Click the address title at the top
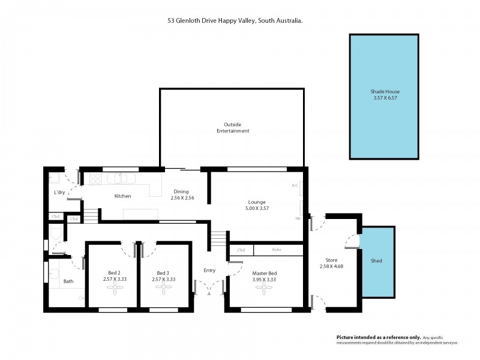pyautogui.click(x=235, y=20)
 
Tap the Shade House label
pyautogui.click(x=384, y=92)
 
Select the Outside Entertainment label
pyautogui.click(x=232, y=127)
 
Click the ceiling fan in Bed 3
pyautogui.click(x=163, y=288)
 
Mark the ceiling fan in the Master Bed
pyautogui.click(x=264, y=288)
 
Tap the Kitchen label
pyautogui.click(x=122, y=196)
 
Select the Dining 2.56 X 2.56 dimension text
pyautogui.click(x=182, y=198)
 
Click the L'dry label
pyautogui.click(x=59, y=192)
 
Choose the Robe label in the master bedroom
pyautogui.click(x=276, y=250)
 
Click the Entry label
pyautogui.click(x=209, y=271)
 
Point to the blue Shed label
pyautogui.click(x=376, y=261)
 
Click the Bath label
pyautogui.click(x=68, y=281)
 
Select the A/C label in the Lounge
pyautogui.click(x=295, y=185)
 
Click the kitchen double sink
pyautogui.click(x=118, y=178)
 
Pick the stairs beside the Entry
pyautogui.click(x=218, y=242)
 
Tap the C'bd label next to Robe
pyautogui.click(x=241, y=250)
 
